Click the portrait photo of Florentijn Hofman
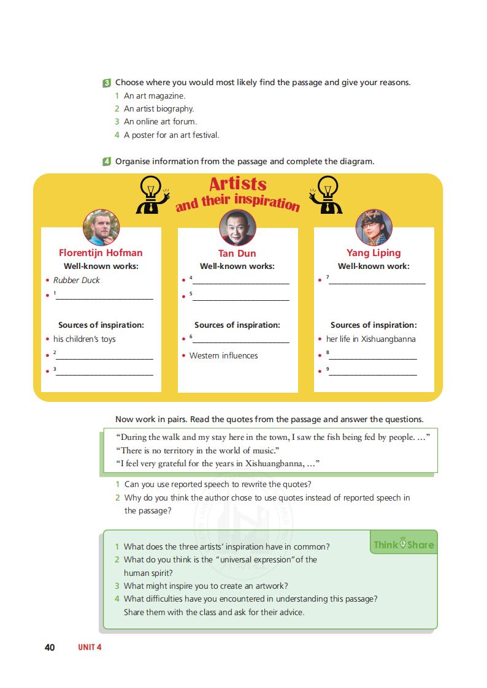point(101,227)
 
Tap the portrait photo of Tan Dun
point(237,228)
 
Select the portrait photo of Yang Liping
point(374,227)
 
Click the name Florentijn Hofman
point(101,252)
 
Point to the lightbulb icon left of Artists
point(150,194)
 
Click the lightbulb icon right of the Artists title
point(324,194)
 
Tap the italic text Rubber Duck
point(76,280)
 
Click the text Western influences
point(223,355)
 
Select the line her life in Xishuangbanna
point(370,339)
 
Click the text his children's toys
point(84,339)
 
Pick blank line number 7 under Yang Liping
point(377,282)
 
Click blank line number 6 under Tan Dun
point(240,341)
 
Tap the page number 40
point(50,647)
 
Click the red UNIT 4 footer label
point(89,647)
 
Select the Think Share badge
point(403,545)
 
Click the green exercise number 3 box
point(107,83)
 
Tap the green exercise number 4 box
point(107,162)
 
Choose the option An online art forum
point(160,121)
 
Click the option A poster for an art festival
point(171,135)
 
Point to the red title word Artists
point(238,184)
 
